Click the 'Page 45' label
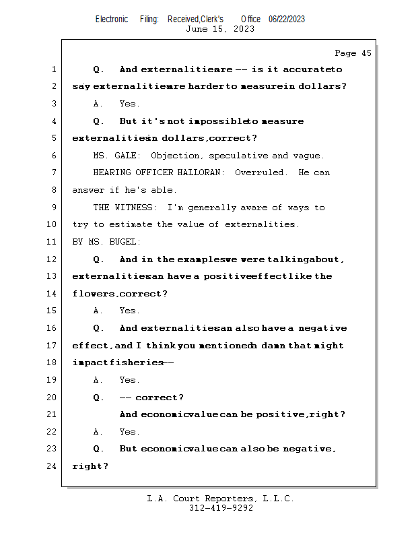(x=353, y=53)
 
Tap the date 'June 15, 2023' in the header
(x=220, y=29)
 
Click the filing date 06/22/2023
(x=287, y=19)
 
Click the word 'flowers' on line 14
(x=94, y=294)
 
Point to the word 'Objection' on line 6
(x=174, y=156)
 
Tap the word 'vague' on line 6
(x=310, y=156)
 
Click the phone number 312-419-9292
(x=220, y=508)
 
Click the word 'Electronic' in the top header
(x=112, y=19)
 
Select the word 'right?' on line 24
(x=90, y=466)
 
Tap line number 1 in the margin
(x=54, y=69)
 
